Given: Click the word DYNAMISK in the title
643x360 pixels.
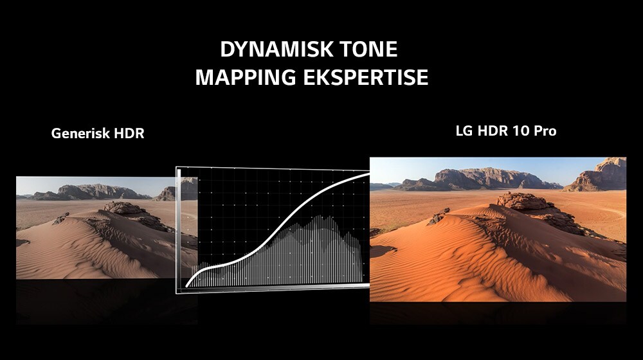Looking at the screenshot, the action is [271, 50].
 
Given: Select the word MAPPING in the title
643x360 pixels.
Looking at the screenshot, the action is [245, 77].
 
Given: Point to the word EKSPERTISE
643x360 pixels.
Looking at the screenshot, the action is [366, 77].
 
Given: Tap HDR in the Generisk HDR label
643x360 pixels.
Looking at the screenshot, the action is [129, 133].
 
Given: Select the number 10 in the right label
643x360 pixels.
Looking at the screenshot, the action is [520, 130].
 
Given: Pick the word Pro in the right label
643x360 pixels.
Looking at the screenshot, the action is [545, 130].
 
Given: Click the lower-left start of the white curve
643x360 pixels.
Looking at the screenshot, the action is [186, 286].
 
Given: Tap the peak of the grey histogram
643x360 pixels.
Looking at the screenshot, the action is [317, 217].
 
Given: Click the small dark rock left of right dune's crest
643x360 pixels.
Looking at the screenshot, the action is [440, 216].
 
